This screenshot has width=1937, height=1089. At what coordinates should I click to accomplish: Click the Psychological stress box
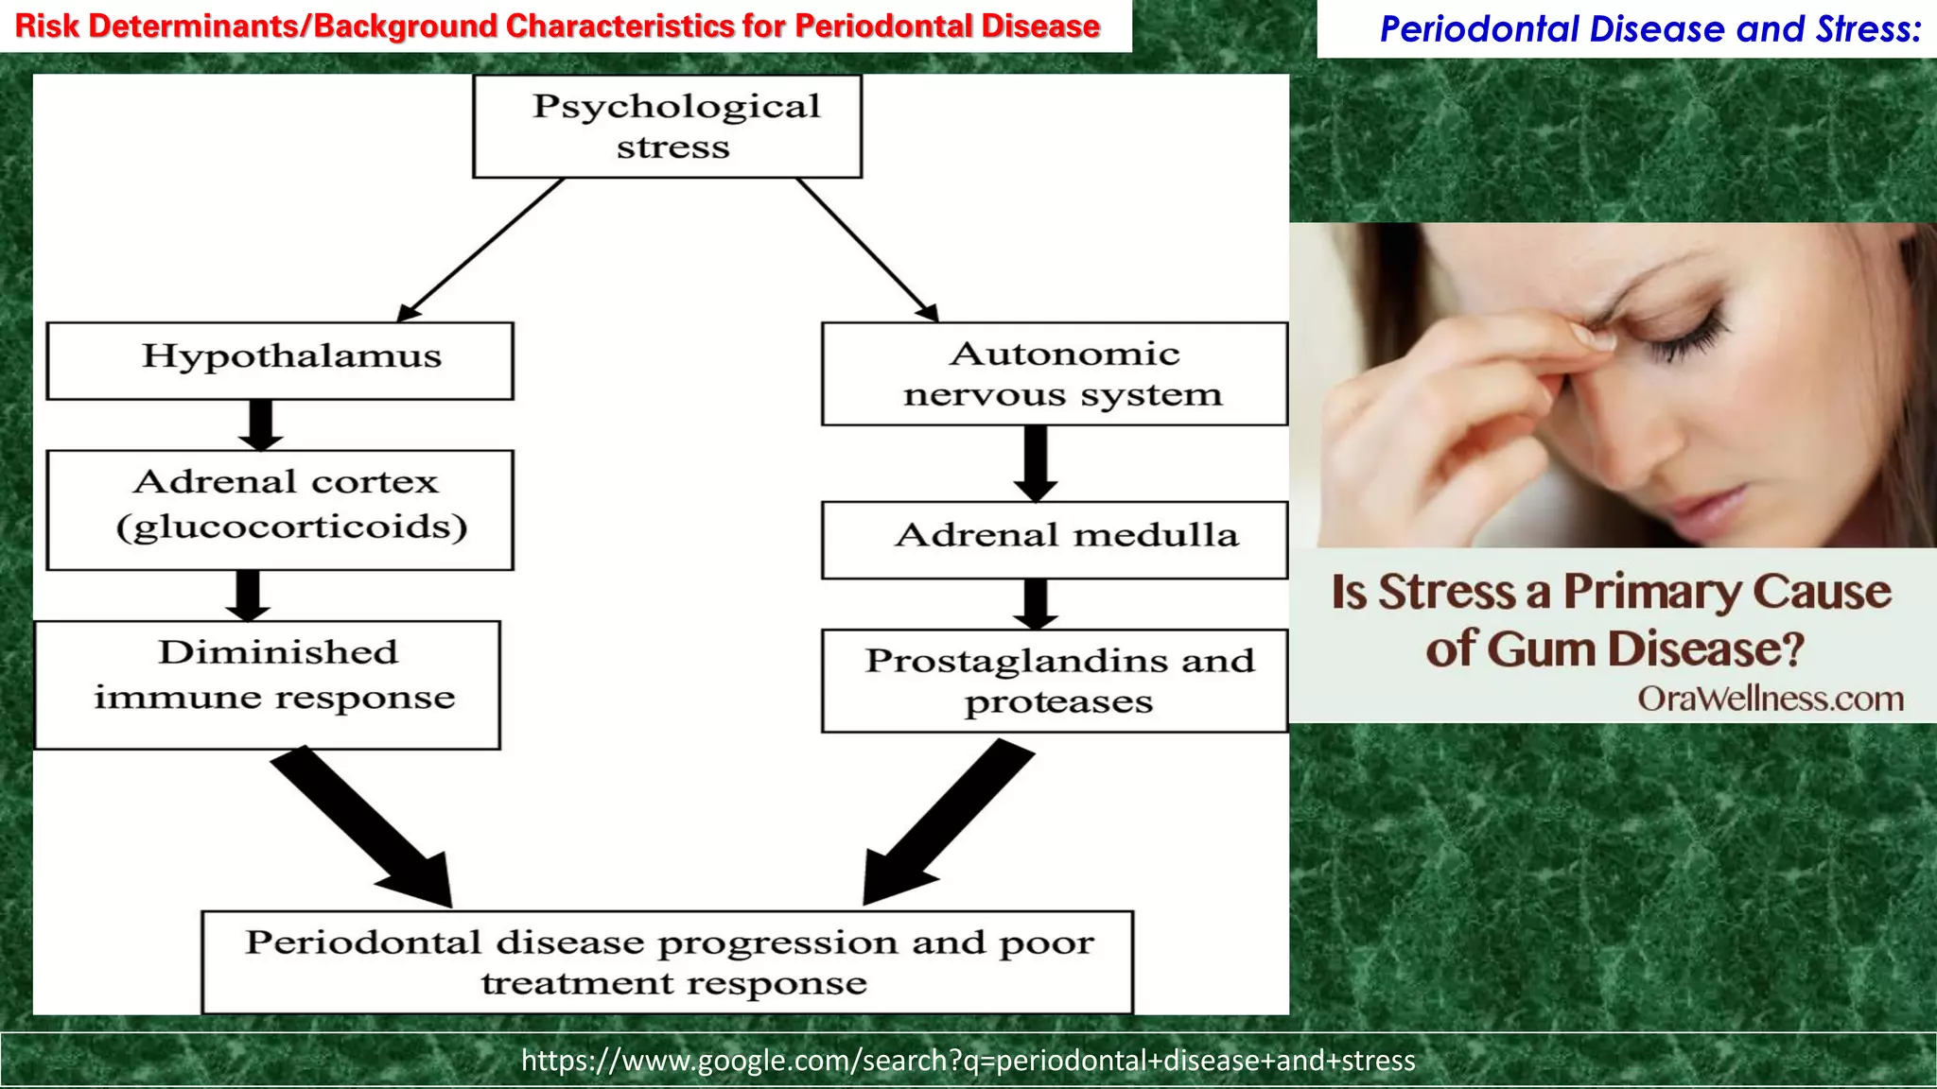[x=667, y=127]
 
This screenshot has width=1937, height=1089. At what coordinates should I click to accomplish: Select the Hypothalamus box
[x=280, y=360]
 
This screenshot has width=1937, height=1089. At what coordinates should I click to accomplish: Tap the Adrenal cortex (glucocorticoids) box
[x=280, y=510]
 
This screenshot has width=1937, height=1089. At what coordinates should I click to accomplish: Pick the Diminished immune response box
[x=268, y=684]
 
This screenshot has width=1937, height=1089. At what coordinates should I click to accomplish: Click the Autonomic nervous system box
[x=1055, y=373]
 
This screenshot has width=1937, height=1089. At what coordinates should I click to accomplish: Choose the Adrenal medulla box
[x=1055, y=540]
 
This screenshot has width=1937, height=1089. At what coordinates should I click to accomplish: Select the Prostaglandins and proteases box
[x=1055, y=681]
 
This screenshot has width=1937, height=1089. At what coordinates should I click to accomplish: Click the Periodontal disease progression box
[x=667, y=962]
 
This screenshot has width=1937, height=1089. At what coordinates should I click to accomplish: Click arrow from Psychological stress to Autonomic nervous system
[x=865, y=249]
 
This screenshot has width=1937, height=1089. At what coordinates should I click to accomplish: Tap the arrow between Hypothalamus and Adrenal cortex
[x=260, y=424]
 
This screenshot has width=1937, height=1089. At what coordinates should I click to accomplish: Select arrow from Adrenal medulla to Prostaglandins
[x=1036, y=604]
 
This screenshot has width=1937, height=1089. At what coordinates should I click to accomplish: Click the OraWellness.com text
[x=1771, y=699]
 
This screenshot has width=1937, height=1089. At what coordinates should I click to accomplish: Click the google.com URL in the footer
[x=968, y=1061]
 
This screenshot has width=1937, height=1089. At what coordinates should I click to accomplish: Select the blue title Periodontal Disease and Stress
[x=1649, y=29]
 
